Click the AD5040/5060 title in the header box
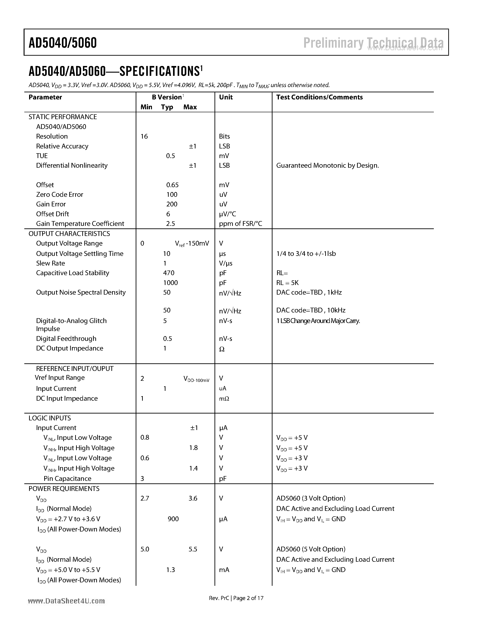[63, 43]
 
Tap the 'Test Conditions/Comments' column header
[319, 97]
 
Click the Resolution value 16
[144, 137]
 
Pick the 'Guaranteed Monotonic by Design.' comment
[327, 166]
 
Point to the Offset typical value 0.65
[172, 185]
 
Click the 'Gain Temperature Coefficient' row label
[80, 224]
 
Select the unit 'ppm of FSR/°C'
[240, 224]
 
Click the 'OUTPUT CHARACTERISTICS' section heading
[69, 234]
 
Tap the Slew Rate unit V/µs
[226, 263]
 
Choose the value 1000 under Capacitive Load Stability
[170, 283]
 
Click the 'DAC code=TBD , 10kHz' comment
[311, 310]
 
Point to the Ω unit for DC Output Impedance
[222, 349]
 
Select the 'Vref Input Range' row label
[60, 378]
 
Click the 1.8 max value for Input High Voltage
[193, 448]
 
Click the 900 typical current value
[173, 519]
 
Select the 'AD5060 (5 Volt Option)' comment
[311, 549]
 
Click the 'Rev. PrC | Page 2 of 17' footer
[236, 598]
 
